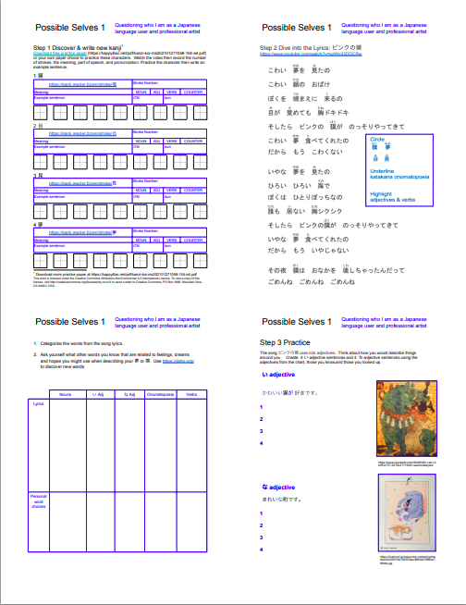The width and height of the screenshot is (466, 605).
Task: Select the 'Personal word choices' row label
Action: tap(38, 501)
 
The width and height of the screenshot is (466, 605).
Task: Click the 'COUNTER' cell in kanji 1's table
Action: tap(192, 93)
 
